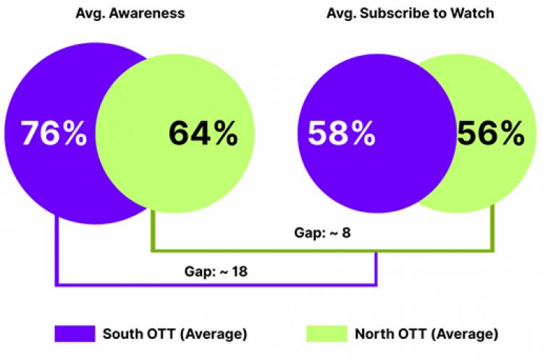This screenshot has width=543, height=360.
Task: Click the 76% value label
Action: tap(54, 134)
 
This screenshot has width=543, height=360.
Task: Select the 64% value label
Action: tap(203, 134)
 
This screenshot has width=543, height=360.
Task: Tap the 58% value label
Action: tap(342, 134)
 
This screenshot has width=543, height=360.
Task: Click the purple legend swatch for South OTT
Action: tap(75, 334)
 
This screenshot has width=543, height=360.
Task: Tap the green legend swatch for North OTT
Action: tap(328, 334)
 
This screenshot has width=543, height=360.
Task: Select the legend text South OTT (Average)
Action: tap(174, 334)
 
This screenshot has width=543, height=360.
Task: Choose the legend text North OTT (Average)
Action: tap(426, 334)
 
